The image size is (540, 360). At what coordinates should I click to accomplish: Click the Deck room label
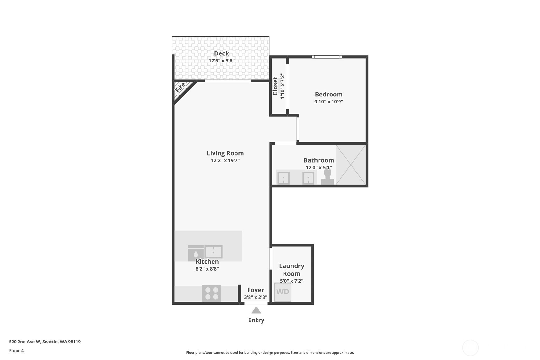[221, 53]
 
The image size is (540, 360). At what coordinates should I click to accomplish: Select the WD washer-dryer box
[283, 292]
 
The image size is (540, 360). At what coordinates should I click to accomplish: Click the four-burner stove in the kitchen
[212, 293]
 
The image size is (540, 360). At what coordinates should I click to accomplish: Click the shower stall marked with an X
[351, 165]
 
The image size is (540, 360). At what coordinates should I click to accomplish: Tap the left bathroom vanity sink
[284, 178]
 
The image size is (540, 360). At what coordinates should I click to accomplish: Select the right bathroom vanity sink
[308, 178]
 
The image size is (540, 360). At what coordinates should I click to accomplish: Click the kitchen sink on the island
[214, 252]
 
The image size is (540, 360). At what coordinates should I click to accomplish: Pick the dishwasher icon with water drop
[196, 253]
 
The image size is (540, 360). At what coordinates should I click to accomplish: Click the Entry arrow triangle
[256, 310]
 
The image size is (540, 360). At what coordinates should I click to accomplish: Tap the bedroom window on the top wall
[326, 57]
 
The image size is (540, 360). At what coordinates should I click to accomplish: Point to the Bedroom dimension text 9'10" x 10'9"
[329, 102]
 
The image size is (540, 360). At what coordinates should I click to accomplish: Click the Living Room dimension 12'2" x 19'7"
[225, 161]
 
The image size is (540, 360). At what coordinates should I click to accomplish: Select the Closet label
[275, 86]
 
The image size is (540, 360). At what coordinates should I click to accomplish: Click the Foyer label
[256, 290]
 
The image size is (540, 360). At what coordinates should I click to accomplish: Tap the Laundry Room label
[291, 270]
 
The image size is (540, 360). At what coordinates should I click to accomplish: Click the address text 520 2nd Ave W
[45, 342]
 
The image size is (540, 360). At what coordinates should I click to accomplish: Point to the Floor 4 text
[16, 351]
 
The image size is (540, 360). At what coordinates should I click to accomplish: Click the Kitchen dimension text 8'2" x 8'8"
[207, 269]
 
